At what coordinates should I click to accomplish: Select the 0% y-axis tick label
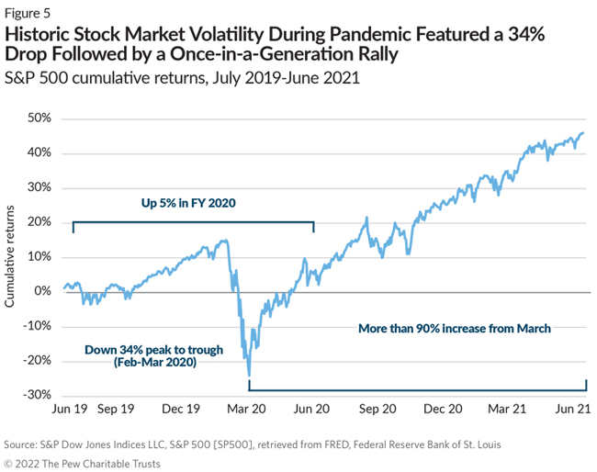[43, 291]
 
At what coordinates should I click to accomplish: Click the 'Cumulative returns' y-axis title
[11, 257]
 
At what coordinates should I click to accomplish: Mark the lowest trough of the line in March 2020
[249, 375]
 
